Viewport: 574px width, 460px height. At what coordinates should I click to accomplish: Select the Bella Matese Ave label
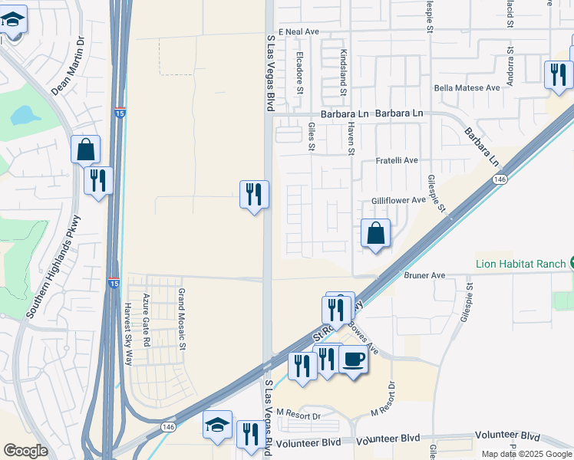[467, 88]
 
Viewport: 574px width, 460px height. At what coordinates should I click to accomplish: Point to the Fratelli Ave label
[397, 160]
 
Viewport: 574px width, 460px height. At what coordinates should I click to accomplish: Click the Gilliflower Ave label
[398, 200]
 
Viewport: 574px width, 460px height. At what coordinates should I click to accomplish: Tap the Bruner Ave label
[424, 275]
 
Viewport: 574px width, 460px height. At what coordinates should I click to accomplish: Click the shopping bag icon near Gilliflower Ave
[375, 233]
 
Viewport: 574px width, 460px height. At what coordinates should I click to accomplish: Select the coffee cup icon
[352, 360]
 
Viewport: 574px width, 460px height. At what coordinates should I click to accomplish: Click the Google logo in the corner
[25, 451]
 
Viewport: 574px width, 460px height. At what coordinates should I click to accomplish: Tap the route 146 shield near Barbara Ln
[500, 179]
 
